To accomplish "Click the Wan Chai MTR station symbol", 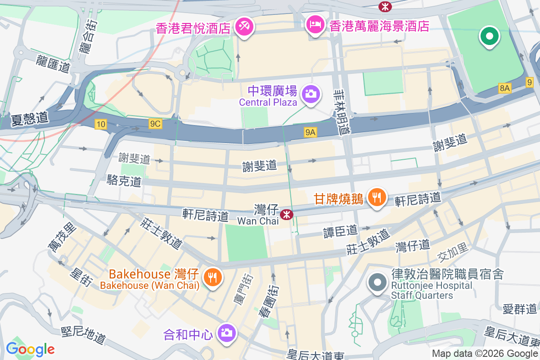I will coord(286,215).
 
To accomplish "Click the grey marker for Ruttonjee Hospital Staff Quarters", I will coord(377,283).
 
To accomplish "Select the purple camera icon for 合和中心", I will coord(226,333).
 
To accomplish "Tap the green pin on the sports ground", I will coord(489,36).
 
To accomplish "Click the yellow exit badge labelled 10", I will coord(101,124).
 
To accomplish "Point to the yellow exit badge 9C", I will coord(155,124).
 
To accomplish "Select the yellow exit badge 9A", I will coord(310,132).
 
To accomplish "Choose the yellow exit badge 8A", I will coord(504,89).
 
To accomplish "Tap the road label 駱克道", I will coord(124,181).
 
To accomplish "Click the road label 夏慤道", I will coord(30,119).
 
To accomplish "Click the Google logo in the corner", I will coord(30,349).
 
